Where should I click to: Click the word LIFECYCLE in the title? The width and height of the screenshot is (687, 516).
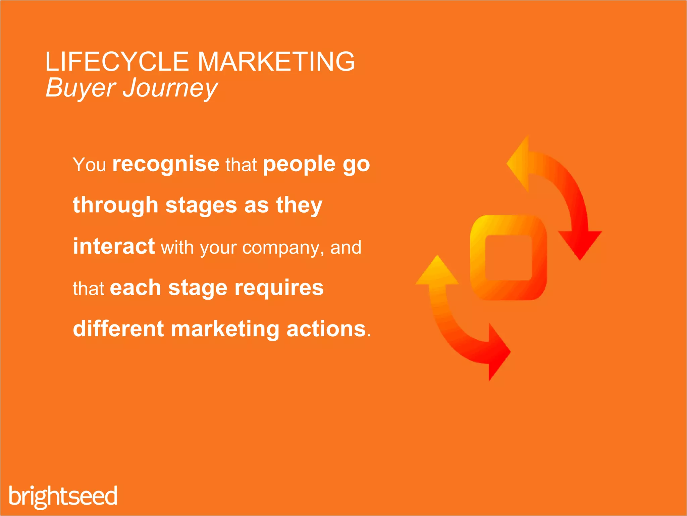pyautogui.click(x=117, y=62)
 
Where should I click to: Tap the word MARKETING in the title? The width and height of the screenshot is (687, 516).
pyautogui.click(x=276, y=62)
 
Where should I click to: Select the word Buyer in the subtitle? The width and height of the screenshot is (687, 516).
pyautogui.click(x=81, y=88)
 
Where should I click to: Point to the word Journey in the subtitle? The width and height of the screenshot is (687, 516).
pyautogui.click(x=170, y=88)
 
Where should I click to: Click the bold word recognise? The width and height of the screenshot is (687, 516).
pyautogui.click(x=166, y=164)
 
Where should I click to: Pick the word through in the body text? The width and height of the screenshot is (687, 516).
pyautogui.click(x=115, y=206)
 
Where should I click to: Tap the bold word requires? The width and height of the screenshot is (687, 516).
pyautogui.click(x=279, y=288)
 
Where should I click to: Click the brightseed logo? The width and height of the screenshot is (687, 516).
pyautogui.click(x=63, y=496)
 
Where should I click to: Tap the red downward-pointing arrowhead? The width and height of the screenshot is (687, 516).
pyautogui.click(x=580, y=244)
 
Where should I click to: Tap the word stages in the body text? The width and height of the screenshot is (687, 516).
pyautogui.click(x=201, y=206)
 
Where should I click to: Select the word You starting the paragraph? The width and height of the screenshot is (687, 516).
pyautogui.click(x=89, y=165)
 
